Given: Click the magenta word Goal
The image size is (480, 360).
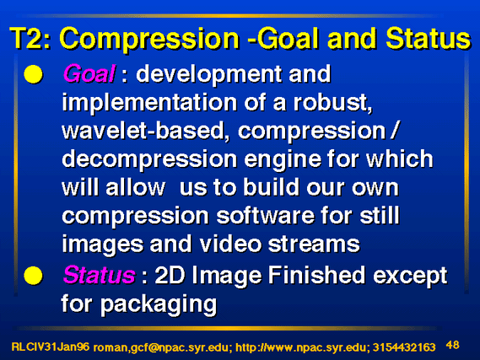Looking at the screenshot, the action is coord(89,73).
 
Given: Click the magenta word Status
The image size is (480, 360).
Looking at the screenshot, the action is coord(99,275).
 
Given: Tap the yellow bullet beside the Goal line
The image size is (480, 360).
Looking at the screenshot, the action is coord(33,74).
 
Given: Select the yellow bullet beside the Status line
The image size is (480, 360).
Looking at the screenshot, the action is coord(33,276).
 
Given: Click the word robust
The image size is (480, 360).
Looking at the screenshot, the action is coord(332,103).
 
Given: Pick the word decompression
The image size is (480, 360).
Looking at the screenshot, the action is coord(149,159).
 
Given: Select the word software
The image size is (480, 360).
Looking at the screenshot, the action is coord(265,215).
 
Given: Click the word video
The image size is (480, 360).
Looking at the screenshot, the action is coord(230,244).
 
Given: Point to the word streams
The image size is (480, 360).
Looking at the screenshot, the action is coord(314,244).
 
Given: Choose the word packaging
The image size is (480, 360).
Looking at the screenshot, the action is coord(159,304).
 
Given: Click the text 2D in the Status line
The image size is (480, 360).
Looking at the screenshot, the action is coord(170,276).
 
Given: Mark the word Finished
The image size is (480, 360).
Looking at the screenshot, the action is coord(317,275).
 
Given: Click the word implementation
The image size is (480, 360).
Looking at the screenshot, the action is coord(149,103).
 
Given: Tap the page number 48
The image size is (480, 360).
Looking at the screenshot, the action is coord(453,345).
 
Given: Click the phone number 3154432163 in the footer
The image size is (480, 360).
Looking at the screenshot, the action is coord(404,347).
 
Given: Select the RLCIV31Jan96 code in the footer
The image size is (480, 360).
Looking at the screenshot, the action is coord(51,347).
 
